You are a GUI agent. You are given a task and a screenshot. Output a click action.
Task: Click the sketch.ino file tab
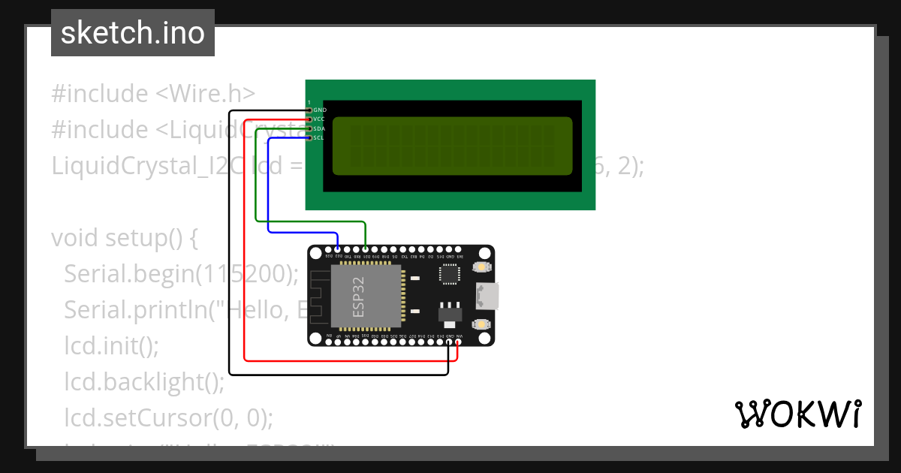133,33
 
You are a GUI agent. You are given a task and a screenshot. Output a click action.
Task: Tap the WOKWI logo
797,414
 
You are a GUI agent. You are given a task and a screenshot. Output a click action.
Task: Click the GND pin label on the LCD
319,110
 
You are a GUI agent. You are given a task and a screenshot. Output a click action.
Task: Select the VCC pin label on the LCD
318,119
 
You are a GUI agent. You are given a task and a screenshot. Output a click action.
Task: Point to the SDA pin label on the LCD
318,128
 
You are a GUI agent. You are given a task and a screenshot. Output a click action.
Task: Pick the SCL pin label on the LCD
318,137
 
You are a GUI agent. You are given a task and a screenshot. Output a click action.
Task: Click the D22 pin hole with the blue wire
338,249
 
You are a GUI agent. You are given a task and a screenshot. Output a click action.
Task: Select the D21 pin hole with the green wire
366,249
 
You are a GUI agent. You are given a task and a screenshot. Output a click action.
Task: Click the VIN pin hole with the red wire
458,342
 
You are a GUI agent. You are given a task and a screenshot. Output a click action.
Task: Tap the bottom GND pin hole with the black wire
449,342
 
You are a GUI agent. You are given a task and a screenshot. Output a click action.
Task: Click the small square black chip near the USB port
449,276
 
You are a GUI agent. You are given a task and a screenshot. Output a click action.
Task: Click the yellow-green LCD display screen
450,146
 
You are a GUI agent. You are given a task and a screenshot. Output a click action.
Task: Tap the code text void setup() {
124,238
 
